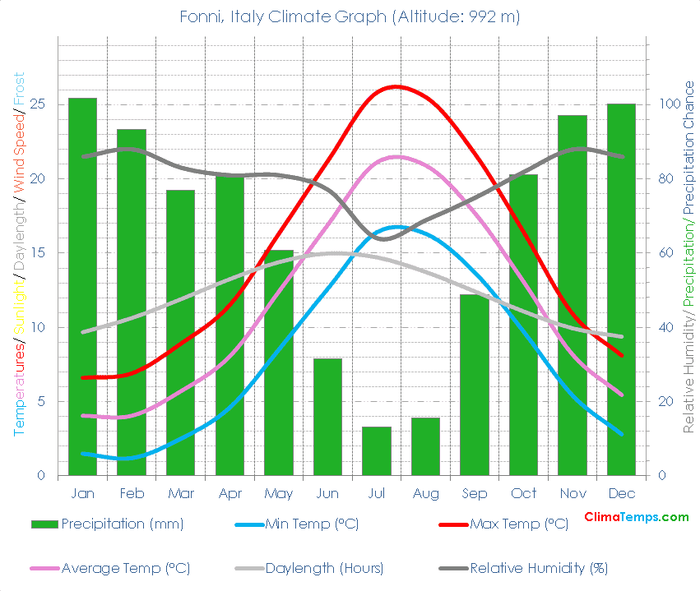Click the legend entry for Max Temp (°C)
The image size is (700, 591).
click(518, 524)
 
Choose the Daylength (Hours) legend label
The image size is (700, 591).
click(325, 568)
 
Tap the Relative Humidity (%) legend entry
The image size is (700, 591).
click(538, 568)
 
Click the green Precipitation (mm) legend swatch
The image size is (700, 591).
click(44, 524)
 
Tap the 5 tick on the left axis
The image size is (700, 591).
click(41, 402)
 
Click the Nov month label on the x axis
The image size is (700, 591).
click(573, 494)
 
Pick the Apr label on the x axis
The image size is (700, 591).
click(229, 494)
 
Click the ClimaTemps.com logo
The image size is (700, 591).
click(636, 517)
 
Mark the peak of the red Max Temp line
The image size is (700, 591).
click(396, 86)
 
